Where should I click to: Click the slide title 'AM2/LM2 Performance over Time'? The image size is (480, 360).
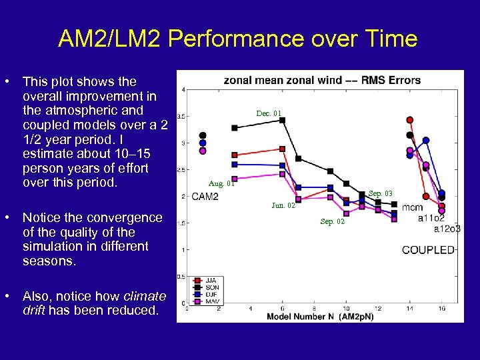point(237,39)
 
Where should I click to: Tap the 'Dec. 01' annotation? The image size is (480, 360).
point(269,113)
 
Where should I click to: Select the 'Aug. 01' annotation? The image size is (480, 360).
point(221,183)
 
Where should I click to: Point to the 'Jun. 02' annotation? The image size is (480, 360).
point(283,206)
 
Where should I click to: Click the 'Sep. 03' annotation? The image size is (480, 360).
point(381,193)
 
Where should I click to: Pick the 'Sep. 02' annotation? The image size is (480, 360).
point(332,221)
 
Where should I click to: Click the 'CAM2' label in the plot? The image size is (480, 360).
point(205,197)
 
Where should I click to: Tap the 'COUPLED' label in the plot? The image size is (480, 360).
point(428,250)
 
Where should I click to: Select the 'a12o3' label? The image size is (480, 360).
point(447,229)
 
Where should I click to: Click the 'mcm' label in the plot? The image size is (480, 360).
point(411,208)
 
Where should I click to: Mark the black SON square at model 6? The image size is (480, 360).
point(283,120)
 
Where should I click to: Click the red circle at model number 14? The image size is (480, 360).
point(410,120)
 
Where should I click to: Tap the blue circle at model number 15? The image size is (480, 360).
point(426,140)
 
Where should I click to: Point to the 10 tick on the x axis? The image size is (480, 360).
point(346,309)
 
